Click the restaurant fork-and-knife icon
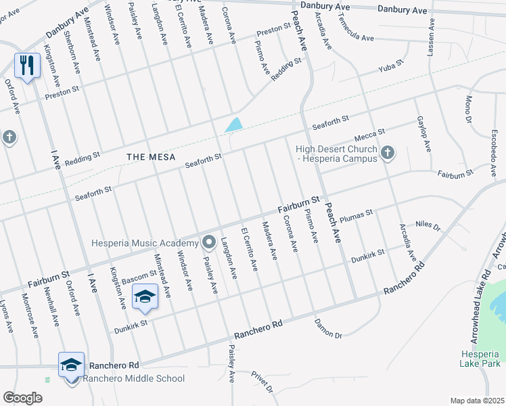[x=27, y=65]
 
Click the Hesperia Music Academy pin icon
[x=209, y=242]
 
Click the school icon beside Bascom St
[x=145, y=296]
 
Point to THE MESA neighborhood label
[x=151, y=156]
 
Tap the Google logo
[x=22, y=398]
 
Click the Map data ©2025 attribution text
[x=477, y=401]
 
